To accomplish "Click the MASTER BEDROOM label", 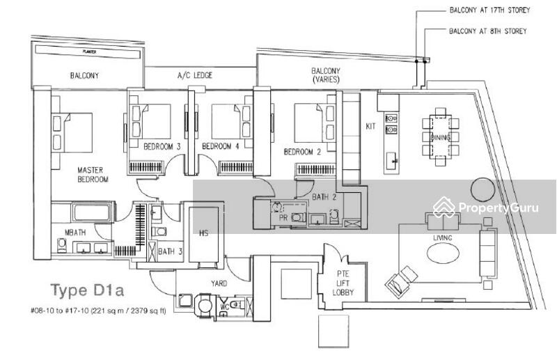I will pyautogui.click(x=92, y=174).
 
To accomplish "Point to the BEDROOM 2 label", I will pyautogui.click(x=301, y=151).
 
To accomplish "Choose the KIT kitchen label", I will pyautogui.click(x=370, y=127).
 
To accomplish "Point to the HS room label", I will pyautogui.click(x=204, y=233).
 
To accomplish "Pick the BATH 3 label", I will pyautogui.click(x=166, y=251).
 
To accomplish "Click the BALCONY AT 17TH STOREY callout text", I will pyautogui.click(x=489, y=10).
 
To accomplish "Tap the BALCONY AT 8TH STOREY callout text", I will pyautogui.click(x=487, y=31).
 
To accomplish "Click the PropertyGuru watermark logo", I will pyautogui.click(x=487, y=208).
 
